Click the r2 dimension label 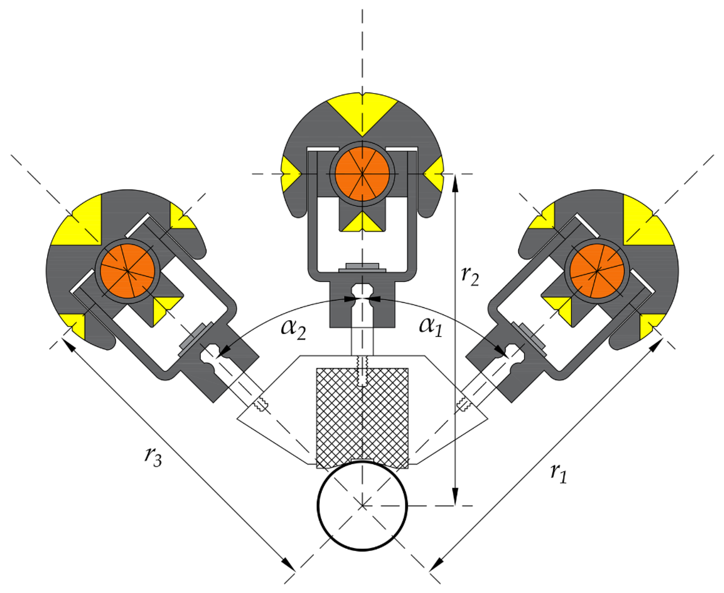click(x=470, y=276)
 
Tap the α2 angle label click(x=293, y=329)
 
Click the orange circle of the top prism click(x=362, y=174)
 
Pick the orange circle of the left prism click(x=128, y=271)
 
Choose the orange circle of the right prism click(x=597, y=271)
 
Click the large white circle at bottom click(x=362, y=506)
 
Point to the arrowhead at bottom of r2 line click(x=455, y=497)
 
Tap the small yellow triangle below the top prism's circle click(x=362, y=224)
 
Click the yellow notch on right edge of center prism click(x=435, y=174)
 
